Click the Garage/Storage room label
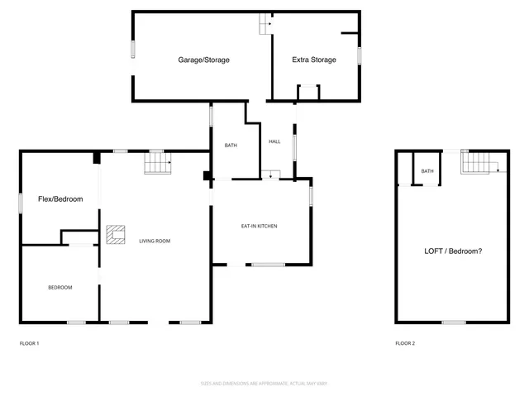[203, 60]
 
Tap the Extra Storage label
[314, 60]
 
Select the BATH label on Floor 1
[231, 146]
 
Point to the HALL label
[274, 141]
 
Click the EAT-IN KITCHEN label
[259, 226]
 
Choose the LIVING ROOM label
[155, 241]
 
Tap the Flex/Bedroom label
[60, 199]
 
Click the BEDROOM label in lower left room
[60, 287]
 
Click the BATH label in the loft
[427, 171]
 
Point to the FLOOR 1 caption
[30, 343]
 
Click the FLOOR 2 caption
[405, 343]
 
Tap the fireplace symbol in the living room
[115, 235]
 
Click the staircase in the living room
[157, 164]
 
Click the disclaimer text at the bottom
[264, 383]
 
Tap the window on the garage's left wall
[132, 48]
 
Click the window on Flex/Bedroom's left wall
[21, 203]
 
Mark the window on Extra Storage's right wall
[360, 55]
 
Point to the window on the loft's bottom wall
[453, 322]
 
